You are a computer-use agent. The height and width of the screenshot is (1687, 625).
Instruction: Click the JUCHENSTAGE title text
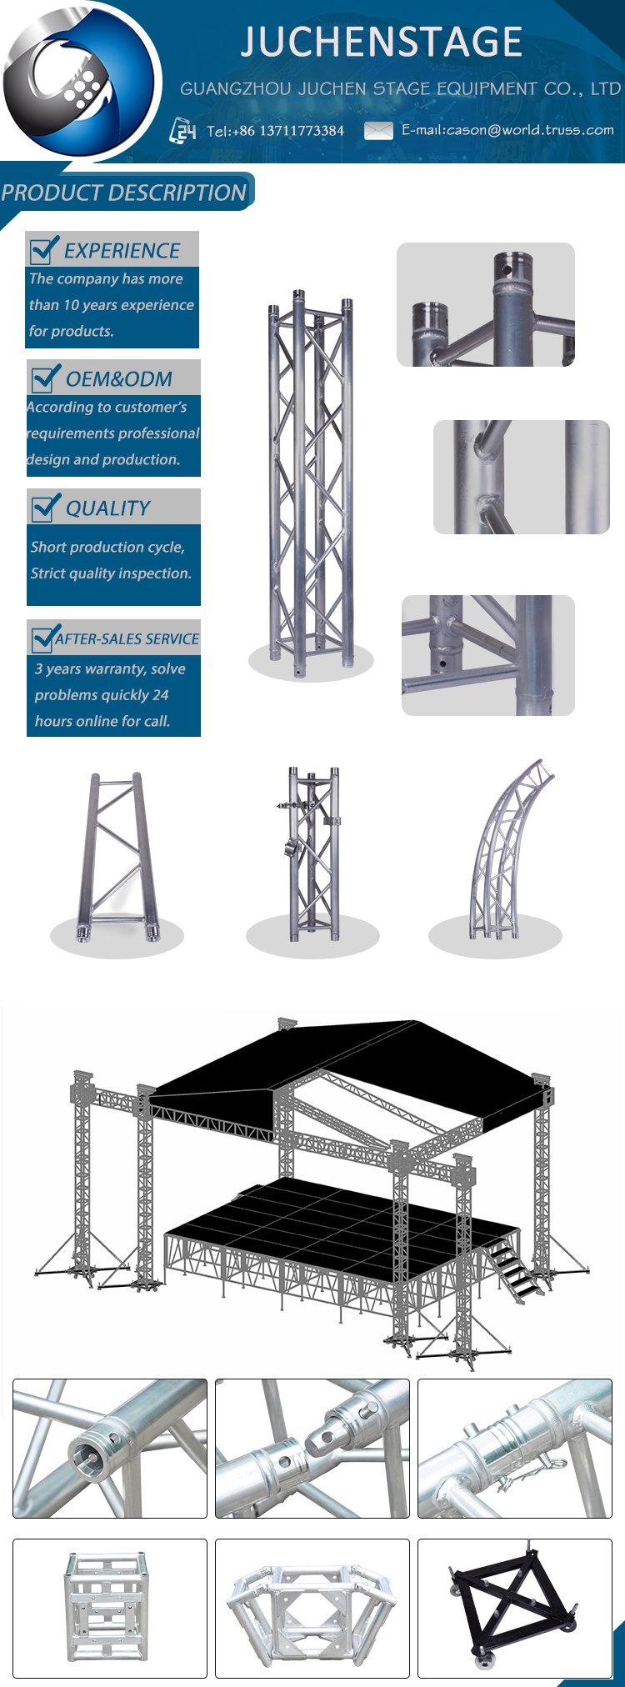point(382,42)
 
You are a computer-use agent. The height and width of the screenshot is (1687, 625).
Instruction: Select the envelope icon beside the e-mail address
point(378,130)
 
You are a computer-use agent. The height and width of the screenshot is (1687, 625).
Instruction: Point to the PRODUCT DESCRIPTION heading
point(124,193)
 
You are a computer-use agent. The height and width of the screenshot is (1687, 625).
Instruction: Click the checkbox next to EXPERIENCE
point(43,249)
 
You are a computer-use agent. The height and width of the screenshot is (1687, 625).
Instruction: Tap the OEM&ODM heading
point(118,379)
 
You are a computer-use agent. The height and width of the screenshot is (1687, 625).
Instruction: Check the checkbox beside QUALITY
point(45,507)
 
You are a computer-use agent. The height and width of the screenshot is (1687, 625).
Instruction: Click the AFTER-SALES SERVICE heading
point(127,639)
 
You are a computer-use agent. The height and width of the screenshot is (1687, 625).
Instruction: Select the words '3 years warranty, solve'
point(110,668)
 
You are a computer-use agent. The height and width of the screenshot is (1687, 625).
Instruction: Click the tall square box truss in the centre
point(311,479)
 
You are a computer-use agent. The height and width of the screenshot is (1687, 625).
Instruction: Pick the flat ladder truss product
point(115,859)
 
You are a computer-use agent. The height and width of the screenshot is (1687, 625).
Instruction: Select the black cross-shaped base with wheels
point(513,1606)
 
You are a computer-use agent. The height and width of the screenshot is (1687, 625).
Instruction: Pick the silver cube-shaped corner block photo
point(109,1606)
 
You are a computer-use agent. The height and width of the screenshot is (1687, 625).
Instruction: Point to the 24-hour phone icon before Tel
point(183,131)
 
